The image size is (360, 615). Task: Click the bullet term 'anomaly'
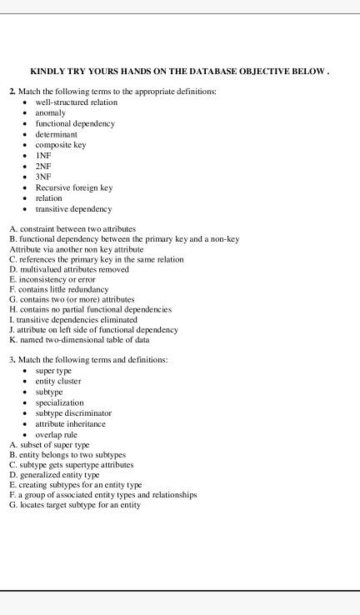click(50, 112)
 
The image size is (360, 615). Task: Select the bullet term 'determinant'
click(56, 134)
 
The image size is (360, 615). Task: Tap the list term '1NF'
click(43, 156)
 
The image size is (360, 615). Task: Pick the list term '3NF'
click(43, 177)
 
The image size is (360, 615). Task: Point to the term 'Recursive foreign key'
click(73, 187)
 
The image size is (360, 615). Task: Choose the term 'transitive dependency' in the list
click(73, 209)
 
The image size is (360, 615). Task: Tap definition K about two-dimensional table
click(79, 339)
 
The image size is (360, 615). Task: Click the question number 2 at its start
click(12, 91)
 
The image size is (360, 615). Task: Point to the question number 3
click(12, 359)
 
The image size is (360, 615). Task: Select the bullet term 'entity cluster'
click(58, 381)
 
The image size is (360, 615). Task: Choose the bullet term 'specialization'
click(59, 402)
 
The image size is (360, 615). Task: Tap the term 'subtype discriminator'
click(73, 412)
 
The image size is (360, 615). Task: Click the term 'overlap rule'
click(56, 434)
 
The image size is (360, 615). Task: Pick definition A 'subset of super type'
click(49, 445)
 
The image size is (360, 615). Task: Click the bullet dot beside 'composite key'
click(26, 145)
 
